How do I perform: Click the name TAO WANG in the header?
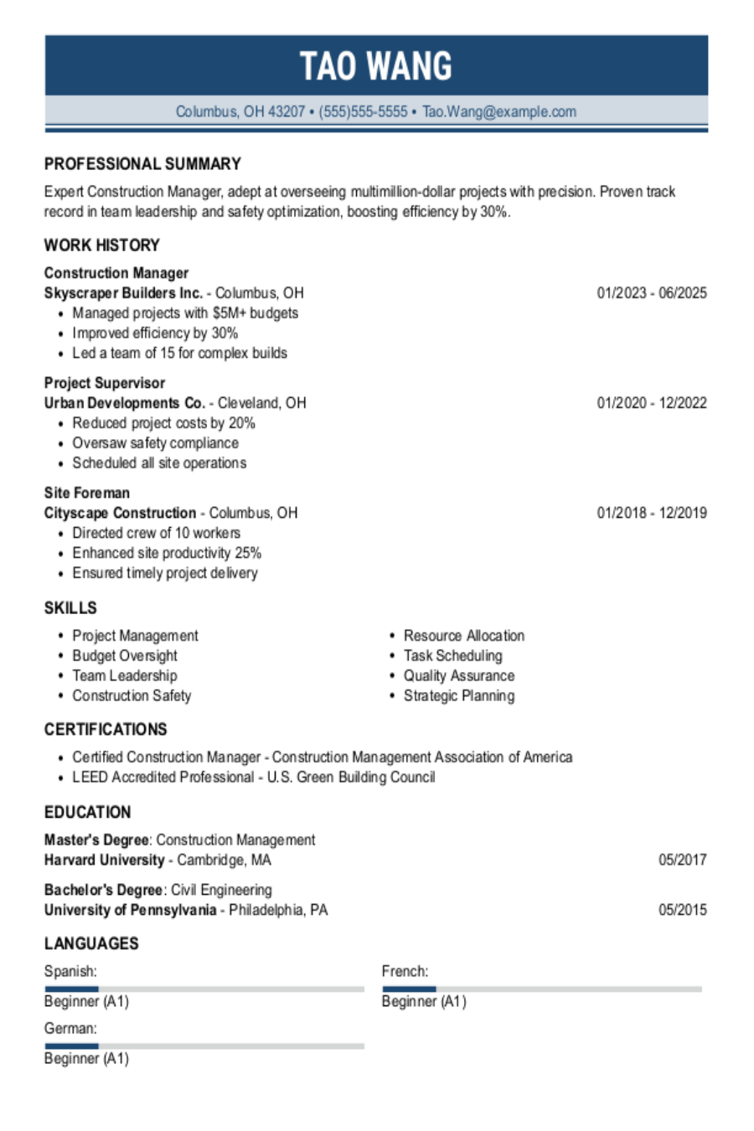[x=376, y=66]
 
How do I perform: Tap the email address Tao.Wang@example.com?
[x=499, y=111]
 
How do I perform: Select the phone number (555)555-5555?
[x=363, y=111]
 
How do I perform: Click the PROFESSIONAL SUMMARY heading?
[x=142, y=164]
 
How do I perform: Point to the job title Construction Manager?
[x=116, y=273]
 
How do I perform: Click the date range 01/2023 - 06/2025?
[x=651, y=293]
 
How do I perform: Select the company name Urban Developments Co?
[x=125, y=403]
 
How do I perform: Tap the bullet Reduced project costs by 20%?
[x=163, y=423]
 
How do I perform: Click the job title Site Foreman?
[x=87, y=493]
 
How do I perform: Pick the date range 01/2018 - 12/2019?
[x=651, y=513]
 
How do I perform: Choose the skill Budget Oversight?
[x=125, y=656]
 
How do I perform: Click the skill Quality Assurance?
[x=458, y=676]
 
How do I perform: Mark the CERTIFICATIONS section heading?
[x=106, y=730]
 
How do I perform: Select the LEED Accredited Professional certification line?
[x=253, y=777]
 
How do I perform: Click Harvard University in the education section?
[x=105, y=860]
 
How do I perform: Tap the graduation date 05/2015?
[x=682, y=910]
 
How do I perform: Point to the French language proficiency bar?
[x=541, y=989]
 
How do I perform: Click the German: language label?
[x=70, y=1029]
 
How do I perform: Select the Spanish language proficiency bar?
[x=204, y=989]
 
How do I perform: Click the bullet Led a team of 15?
[x=179, y=354]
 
